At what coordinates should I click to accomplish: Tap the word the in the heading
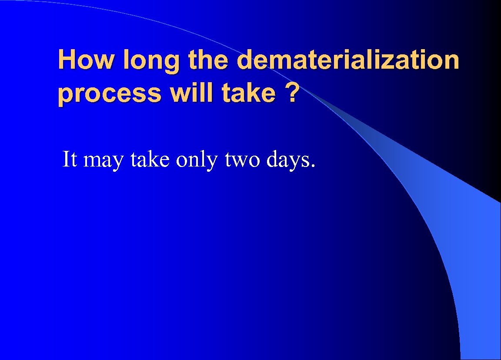pyautogui.click(x=210, y=60)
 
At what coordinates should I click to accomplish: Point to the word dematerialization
pyautogui.click(x=348, y=60)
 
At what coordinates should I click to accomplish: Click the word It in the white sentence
pyautogui.click(x=70, y=159)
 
